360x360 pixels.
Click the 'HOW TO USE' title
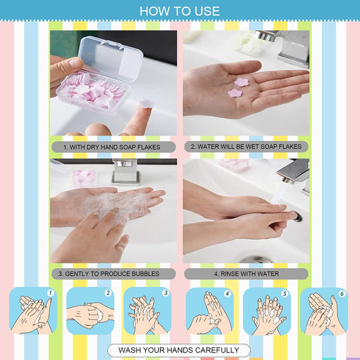[x=180, y=11]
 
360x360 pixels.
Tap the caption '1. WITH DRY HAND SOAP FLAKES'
[x=113, y=146]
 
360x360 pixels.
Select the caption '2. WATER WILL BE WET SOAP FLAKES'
[x=246, y=146]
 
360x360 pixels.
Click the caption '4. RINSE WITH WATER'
[x=246, y=274]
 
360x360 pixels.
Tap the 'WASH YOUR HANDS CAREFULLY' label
[x=179, y=350]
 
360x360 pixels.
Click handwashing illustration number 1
[x=33, y=311]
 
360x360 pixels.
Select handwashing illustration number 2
[x=90, y=311]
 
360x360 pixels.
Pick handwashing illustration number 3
[x=147, y=311]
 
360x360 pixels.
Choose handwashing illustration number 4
[x=209, y=311]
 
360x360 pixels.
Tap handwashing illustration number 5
[x=266, y=311]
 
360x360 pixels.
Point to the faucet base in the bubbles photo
[x=126, y=172]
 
